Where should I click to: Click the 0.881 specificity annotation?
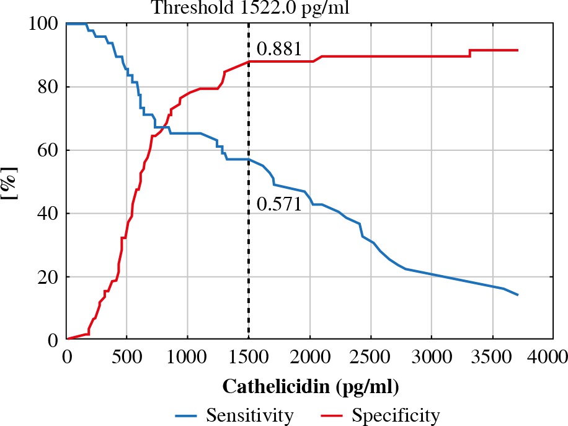click(279, 49)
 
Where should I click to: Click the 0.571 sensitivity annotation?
click(279, 204)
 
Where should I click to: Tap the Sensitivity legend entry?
click(235, 414)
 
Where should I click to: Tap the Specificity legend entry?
click(381, 414)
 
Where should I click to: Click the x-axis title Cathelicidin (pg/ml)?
click(310, 386)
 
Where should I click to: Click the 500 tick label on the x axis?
click(127, 356)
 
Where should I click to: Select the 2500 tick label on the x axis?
click(370, 356)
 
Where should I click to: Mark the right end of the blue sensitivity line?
click(517, 294)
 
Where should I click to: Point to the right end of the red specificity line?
click(517, 50)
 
